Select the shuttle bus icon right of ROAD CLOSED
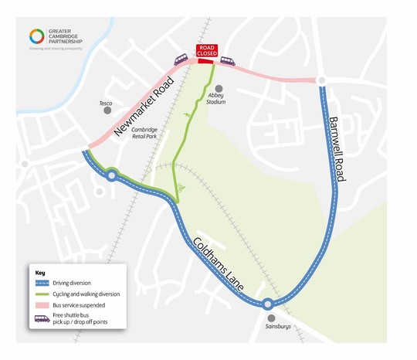coord(227,59)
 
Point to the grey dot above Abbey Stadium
coord(219,88)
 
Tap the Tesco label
coord(107,103)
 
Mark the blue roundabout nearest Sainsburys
coord(267,304)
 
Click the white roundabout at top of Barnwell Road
coord(320,80)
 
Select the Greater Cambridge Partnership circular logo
coord(36,36)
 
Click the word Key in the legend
coord(41,273)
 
